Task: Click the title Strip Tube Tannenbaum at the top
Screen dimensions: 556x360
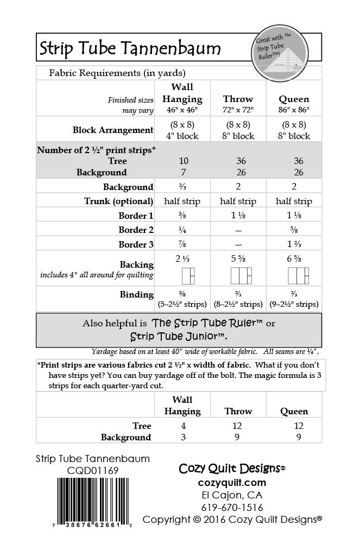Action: point(130,49)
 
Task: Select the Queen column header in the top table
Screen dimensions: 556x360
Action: point(294,99)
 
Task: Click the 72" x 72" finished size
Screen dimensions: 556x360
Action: point(237,110)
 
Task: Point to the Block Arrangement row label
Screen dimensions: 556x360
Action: point(113,130)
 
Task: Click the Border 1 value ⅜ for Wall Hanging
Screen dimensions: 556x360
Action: point(182,215)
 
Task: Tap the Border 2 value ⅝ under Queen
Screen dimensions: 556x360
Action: point(294,230)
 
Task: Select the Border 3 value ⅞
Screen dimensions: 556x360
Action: point(182,244)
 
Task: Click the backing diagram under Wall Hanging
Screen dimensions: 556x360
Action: point(188,276)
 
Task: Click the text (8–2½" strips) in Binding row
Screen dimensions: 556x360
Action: point(237,304)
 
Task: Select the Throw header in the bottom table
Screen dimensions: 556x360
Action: point(237,411)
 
